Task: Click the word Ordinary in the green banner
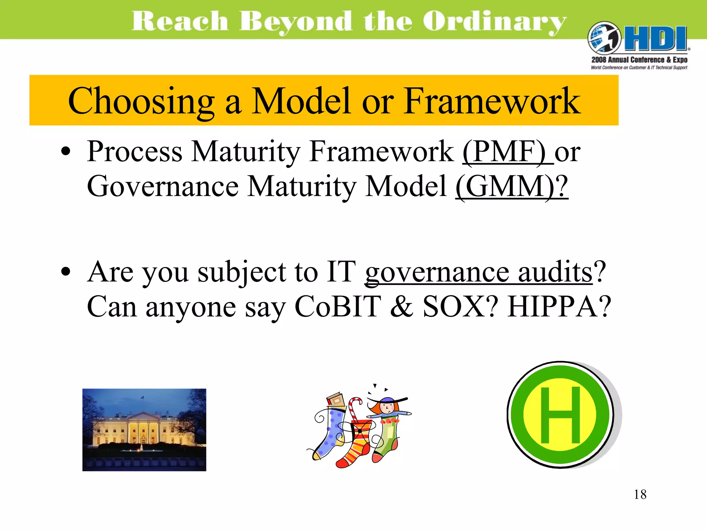[x=494, y=21]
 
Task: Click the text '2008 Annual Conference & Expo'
[x=639, y=60]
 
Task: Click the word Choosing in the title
[x=141, y=101]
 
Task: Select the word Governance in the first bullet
[x=163, y=187]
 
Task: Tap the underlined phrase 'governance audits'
[x=478, y=272]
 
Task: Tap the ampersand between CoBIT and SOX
[x=401, y=307]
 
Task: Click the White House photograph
[x=144, y=430]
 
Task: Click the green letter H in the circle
[x=560, y=415]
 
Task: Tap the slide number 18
[x=640, y=494]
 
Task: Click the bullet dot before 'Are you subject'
[x=65, y=272]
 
